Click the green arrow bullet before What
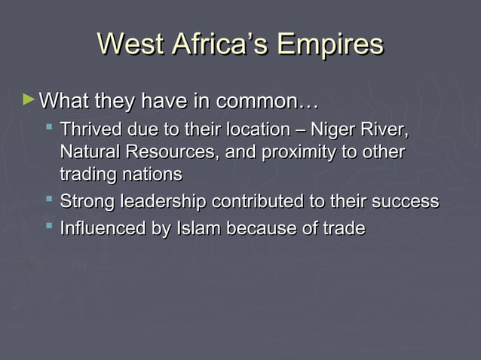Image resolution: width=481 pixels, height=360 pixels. [29, 99]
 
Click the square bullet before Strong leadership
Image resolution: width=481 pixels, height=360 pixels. [49, 200]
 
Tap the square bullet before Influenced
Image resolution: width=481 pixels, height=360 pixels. [49, 225]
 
